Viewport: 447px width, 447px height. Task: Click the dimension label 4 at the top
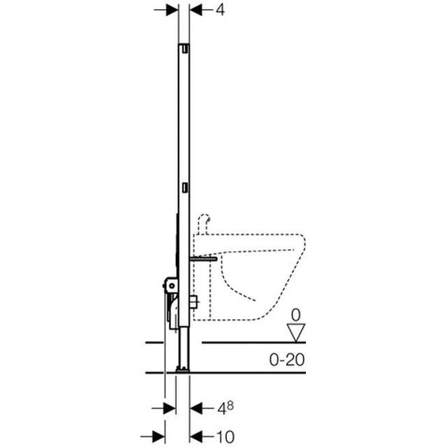(x=220, y=11)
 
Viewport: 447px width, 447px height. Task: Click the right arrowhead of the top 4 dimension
(x=196, y=10)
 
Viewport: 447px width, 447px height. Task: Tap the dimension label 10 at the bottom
(x=224, y=437)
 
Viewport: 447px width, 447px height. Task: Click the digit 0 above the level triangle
(x=295, y=314)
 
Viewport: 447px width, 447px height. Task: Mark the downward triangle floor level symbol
(x=296, y=333)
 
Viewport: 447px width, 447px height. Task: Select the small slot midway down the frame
(x=184, y=187)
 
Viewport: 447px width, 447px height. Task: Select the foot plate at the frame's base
(x=183, y=368)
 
